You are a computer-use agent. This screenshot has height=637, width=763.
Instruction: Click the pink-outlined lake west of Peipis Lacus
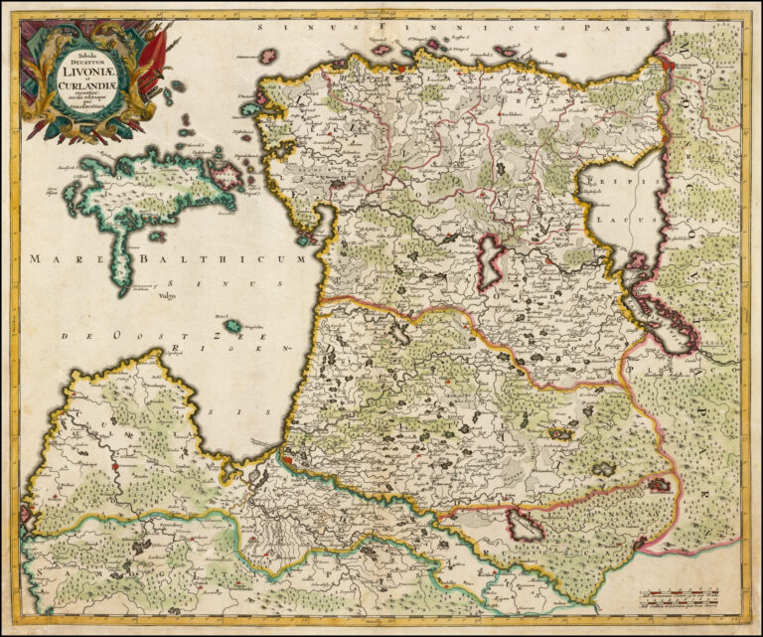[x=492, y=264]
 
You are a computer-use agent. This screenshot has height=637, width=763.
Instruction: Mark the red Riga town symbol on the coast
[x=286, y=460]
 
